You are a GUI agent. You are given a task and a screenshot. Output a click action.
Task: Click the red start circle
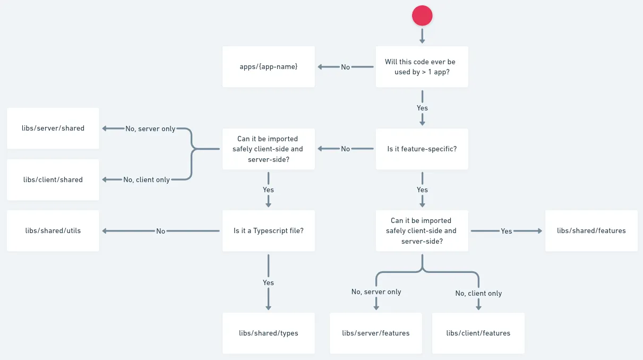click(422, 15)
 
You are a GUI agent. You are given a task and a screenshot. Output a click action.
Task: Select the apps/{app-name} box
click(268, 67)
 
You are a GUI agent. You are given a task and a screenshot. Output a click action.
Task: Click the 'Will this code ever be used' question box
click(422, 67)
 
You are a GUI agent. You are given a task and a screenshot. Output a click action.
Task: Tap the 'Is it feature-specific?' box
click(422, 149)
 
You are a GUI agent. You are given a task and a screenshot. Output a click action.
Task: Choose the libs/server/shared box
click(53, 128)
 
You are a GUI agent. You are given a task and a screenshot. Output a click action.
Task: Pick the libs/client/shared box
click(53, 179)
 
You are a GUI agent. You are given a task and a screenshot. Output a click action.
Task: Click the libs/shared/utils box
click(53, 230)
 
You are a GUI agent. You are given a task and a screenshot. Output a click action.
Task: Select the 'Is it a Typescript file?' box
click(268, 230)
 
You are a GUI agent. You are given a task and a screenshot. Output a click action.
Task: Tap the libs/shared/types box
click(268, 333)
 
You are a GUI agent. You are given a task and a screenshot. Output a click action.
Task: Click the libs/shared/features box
click(591, 230)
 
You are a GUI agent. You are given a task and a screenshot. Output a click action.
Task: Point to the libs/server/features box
click(375, 333)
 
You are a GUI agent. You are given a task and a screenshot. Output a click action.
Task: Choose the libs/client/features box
click(478, 333)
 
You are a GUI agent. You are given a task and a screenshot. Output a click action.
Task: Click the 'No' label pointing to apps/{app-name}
click(346, 67)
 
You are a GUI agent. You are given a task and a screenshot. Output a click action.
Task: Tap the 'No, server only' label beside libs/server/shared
click(150, 128)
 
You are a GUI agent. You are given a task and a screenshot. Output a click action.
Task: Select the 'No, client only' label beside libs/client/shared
click(147, 179)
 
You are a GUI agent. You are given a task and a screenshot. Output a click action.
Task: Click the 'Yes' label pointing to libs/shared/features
click(507, 231)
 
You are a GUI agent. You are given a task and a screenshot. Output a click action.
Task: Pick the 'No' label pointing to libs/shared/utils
click(161, 231)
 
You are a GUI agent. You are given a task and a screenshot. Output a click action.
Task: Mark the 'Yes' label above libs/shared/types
click(268, 282)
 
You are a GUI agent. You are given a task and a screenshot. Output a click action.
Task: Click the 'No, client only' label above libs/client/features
click(478, 293)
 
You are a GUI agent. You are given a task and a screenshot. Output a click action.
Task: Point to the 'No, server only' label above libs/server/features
click(376, 292)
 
